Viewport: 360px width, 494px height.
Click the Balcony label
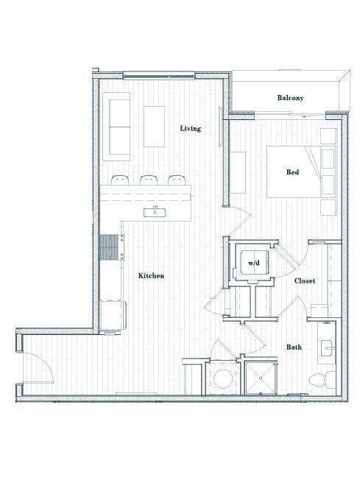290,98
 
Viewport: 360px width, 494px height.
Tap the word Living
191,128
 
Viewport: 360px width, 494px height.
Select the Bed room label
292,172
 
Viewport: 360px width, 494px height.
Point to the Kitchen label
151,275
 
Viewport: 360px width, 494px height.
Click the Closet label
305,280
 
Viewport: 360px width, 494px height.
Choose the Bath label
294,346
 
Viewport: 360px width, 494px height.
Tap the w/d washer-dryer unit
253,262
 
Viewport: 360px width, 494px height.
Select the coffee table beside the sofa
154,127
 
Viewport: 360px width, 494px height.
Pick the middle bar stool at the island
149,180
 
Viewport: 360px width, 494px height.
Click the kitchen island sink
157,212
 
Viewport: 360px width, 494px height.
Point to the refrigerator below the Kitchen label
113,315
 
